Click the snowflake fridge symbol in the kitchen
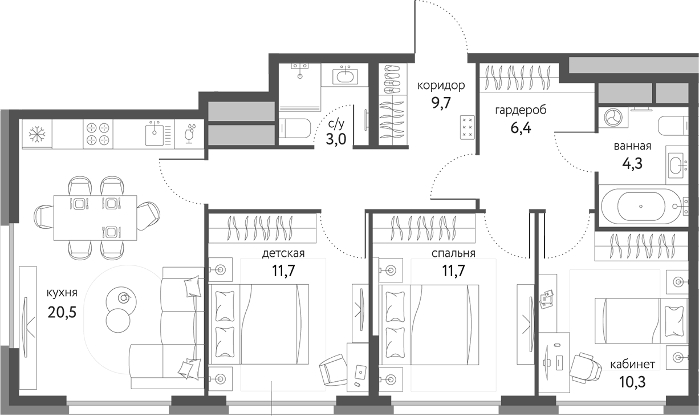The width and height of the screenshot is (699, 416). pos(37,134)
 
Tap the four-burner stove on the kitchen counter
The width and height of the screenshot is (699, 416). pos(97,134)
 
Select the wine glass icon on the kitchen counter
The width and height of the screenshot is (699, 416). pos(189,134)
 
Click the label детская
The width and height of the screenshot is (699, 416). pos(283,253)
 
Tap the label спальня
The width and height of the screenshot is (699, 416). pos(453,253)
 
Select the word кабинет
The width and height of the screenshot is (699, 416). pos(632,364)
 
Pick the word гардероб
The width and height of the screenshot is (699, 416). pos(521,110)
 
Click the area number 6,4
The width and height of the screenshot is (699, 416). pos(521,127)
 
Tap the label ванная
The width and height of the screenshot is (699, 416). pos(632,146)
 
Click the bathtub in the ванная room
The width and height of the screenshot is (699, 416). pos(641,205)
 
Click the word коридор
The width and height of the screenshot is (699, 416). pos(441,86)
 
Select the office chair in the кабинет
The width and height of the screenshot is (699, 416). pos(586,366)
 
